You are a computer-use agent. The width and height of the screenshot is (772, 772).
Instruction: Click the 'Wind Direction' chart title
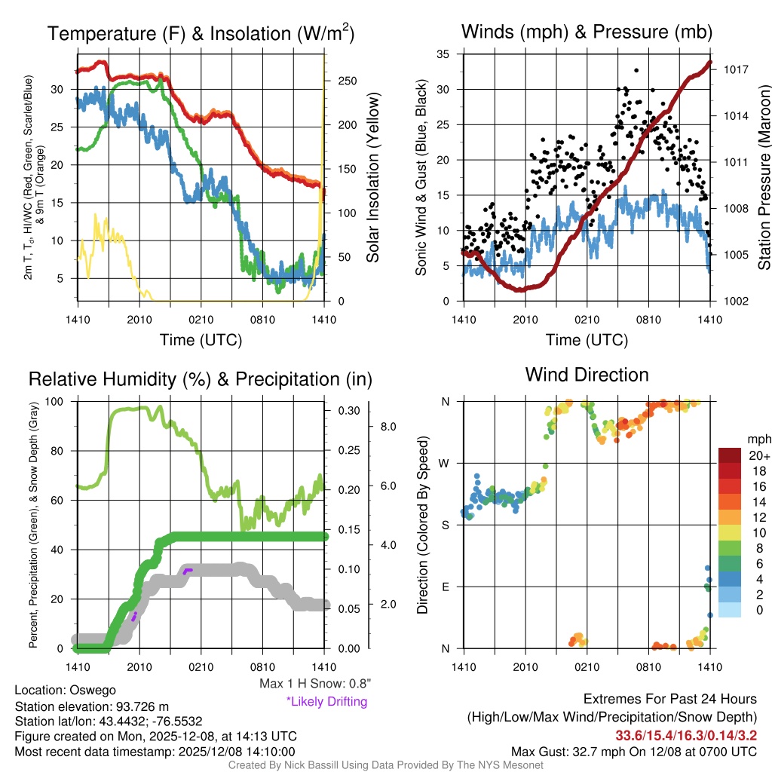[587, 375]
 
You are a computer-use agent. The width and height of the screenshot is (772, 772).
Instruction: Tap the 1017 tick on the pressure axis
[735, 69]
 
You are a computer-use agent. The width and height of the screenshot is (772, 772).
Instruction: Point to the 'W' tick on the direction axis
[446, 463]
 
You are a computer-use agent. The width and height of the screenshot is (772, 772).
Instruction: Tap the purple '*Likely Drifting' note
[326, 701]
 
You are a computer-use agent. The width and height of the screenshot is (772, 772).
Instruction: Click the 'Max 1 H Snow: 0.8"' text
[315, 684]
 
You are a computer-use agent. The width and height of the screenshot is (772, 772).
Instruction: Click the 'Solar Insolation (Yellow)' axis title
[372, 178]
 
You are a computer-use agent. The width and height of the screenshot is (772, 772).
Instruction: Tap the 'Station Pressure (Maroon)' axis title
[764, 178]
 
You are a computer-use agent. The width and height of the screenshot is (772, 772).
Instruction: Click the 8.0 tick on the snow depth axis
[388, 427]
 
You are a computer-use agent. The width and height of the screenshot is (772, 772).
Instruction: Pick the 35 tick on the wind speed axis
[443, 54]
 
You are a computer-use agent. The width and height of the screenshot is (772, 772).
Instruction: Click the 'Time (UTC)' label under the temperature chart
[201, 341]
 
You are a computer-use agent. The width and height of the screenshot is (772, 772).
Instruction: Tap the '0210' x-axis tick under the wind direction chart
[587, 666]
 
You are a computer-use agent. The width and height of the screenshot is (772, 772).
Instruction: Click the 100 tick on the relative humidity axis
[58, 401]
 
